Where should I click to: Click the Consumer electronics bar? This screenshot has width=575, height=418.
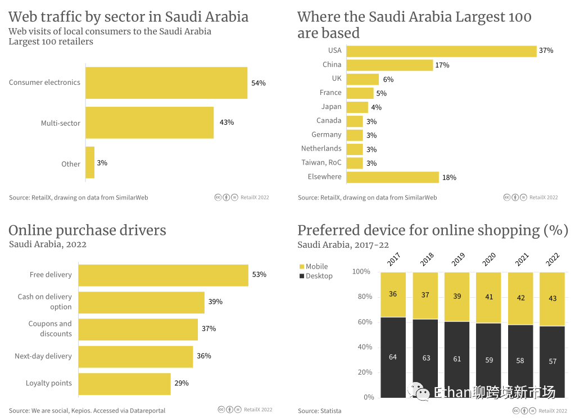pos(166,83)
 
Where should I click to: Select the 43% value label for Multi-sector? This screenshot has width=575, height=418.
pos(227,122)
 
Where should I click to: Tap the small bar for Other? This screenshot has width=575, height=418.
pos(90,163)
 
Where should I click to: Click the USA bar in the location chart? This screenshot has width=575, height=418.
pos(441,51)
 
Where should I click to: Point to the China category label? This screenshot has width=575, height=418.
pos(332,65)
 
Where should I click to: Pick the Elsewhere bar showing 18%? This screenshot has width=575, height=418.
pos(392,177)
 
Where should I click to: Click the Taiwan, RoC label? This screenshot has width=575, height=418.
pos(321,162)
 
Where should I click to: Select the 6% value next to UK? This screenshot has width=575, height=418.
pos(388,79)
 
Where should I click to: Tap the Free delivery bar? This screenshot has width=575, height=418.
pos(163,275)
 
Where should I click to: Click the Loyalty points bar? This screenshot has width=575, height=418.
pos(124,383)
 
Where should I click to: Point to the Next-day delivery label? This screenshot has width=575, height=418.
pos(43,356)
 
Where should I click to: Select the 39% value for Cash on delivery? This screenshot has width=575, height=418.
pos(215,302)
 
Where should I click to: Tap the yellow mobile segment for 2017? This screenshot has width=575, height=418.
pos(393,294)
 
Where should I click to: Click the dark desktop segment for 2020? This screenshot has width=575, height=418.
pos(489,360)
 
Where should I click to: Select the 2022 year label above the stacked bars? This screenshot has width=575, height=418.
pos(553,260)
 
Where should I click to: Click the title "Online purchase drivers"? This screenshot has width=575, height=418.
pos(87,230)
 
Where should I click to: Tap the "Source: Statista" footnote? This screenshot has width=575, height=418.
pos(319,411)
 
